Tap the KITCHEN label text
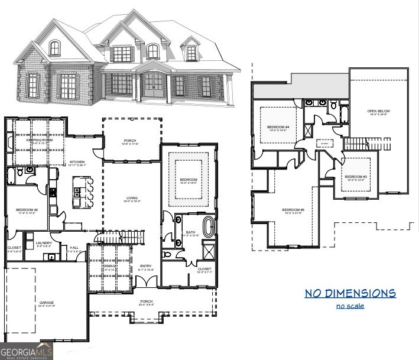[x=77, y=162]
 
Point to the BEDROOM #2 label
[x=27, y=210]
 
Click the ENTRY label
[x=145, y=267]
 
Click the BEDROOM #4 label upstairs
[x=278, y=127]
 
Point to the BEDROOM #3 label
[x=356, y=177]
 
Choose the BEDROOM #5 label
[x=293, y=210]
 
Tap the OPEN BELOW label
[x=379, y=111]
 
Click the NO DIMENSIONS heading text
[x=350, y=293]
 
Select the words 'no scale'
[x=350, y=306]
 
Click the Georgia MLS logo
[x=27, y=351]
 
